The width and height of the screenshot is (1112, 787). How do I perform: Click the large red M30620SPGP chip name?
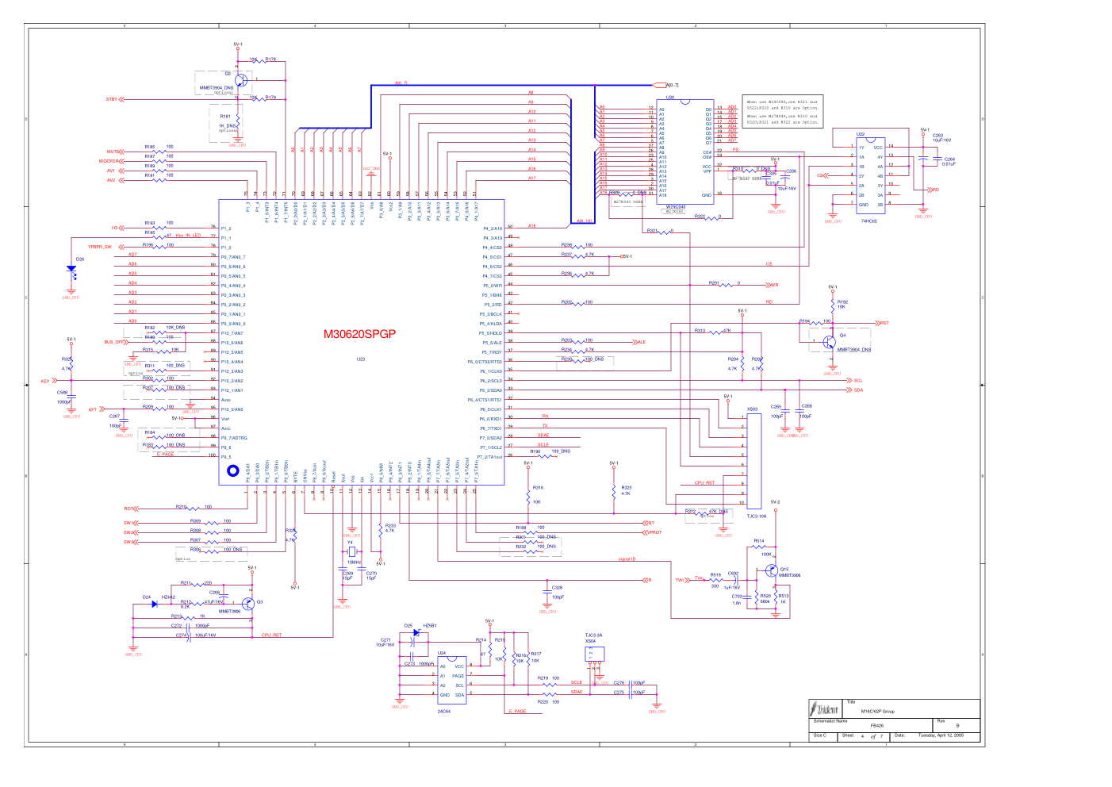click(x=359, y=334)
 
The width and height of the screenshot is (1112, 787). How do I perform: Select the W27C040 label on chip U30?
click(x=675, y=207)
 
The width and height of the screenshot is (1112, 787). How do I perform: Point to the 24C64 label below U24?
click(x=444, y=711)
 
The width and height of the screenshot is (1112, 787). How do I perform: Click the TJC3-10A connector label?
click(x=757, y=516)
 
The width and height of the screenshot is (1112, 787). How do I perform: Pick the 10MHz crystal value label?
click(x=354, y=562)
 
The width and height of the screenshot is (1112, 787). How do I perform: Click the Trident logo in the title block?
click(x=824, y=708)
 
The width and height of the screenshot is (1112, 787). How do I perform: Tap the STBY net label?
click(x=111, y=99)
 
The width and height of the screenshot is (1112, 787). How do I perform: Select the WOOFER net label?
click(x=108, y=161)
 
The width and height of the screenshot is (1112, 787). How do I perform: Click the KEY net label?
click(x=45, y=381)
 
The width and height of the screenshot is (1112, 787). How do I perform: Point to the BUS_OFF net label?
click(x=113, y=342)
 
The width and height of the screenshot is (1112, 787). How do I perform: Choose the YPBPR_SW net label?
click(x=99, y=247)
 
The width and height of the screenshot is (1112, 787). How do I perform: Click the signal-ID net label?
click(x=627, y=559)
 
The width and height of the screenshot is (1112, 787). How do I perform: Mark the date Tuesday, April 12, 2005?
click(x=941, y=735)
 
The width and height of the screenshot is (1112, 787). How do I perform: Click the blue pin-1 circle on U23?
click(x=232, y=470)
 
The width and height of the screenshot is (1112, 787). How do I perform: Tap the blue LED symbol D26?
click(x=71, y=269)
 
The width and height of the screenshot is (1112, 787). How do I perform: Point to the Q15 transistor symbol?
click(x=772, y=571)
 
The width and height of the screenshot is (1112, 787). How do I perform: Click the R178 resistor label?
click(x=270, y=60)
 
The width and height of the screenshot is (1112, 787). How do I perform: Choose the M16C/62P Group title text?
click(x=877, y=711)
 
